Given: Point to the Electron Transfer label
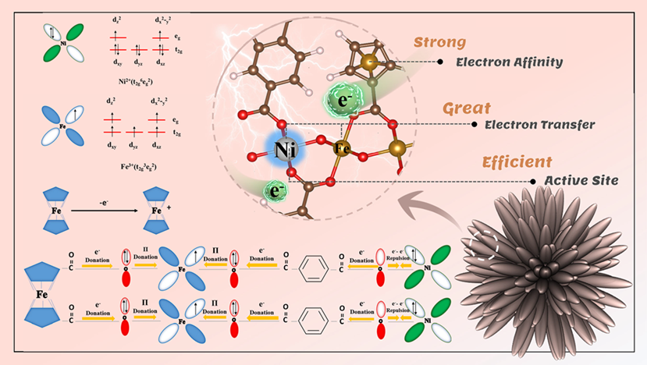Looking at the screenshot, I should click(528, 123).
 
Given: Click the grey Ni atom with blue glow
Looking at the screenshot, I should click(278, 147).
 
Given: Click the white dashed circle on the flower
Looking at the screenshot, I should click(483, 243).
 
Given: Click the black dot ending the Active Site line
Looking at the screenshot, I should click(534, 180).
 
